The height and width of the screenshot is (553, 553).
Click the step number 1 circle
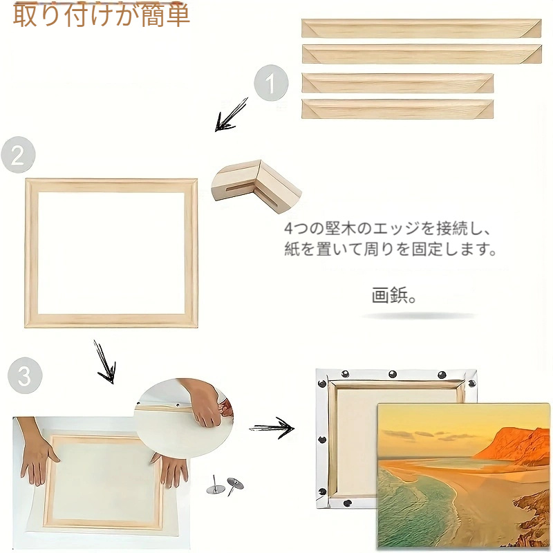(x=271, y=83)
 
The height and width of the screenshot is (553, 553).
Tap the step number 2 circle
(x=18, y=154)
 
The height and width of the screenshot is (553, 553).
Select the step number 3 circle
(x=25, y=375)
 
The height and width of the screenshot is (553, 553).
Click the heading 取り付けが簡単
(x=101, y=15)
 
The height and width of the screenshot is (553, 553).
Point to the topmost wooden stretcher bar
(x=421, y=28)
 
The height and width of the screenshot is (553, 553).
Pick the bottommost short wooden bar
(x=397, y=109)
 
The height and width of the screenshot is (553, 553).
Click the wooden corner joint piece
(x=256, y=185)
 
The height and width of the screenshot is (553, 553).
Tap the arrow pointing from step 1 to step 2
(x=231, y=115)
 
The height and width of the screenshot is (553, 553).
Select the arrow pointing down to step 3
(x=105, y=362)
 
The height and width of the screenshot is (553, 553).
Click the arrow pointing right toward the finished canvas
(x=272, y=428)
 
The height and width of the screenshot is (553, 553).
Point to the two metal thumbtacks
(x=225, y=486)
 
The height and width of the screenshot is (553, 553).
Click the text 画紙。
(x=393, y=296)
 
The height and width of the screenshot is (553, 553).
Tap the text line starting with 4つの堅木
(x=387, y=229)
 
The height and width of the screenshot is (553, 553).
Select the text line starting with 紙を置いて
(x=391, y=249)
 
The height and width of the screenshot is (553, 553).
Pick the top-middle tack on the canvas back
(x=392, y=374)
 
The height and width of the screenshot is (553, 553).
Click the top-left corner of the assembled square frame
(x=26, y=180)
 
